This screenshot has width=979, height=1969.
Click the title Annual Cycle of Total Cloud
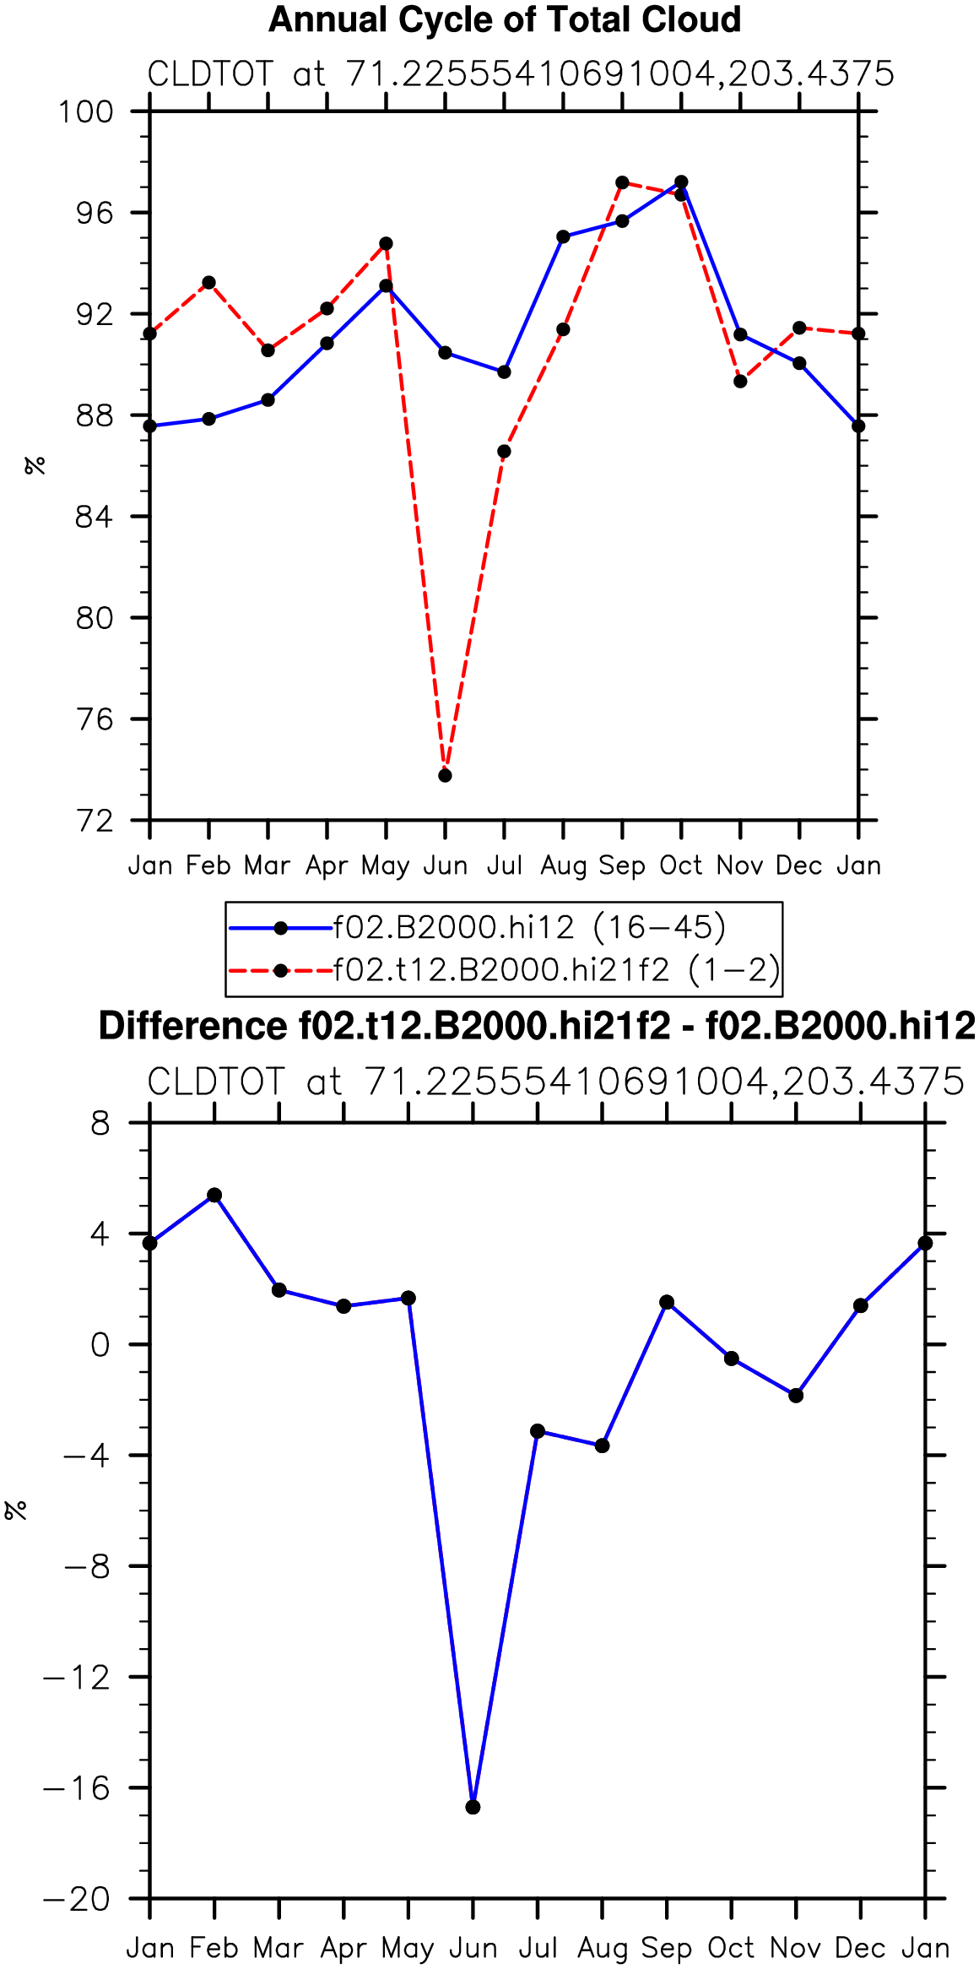(505, 19)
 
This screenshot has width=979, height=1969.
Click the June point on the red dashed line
(445, 775)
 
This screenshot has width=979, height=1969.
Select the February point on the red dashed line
(208, 283)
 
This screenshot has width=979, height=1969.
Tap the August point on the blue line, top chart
(563, 237)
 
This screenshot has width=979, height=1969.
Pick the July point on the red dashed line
(504, 452)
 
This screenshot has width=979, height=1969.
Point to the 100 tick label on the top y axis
(85, 111)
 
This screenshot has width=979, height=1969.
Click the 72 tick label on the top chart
(94, 821)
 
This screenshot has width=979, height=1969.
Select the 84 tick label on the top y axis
(94, 517)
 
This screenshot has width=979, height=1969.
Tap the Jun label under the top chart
(445, 865)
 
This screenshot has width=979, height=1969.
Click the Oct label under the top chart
(681, 865)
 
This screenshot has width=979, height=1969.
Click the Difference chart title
(537, 1026)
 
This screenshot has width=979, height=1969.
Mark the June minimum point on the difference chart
(473, 1807)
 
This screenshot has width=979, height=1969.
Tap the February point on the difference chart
(214, 1195)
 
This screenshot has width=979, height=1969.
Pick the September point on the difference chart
(667, 1302)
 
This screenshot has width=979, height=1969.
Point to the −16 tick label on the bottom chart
(77, 1787)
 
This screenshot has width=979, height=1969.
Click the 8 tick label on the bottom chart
(101, 1124)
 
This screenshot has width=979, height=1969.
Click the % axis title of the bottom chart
(15, 1510)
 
